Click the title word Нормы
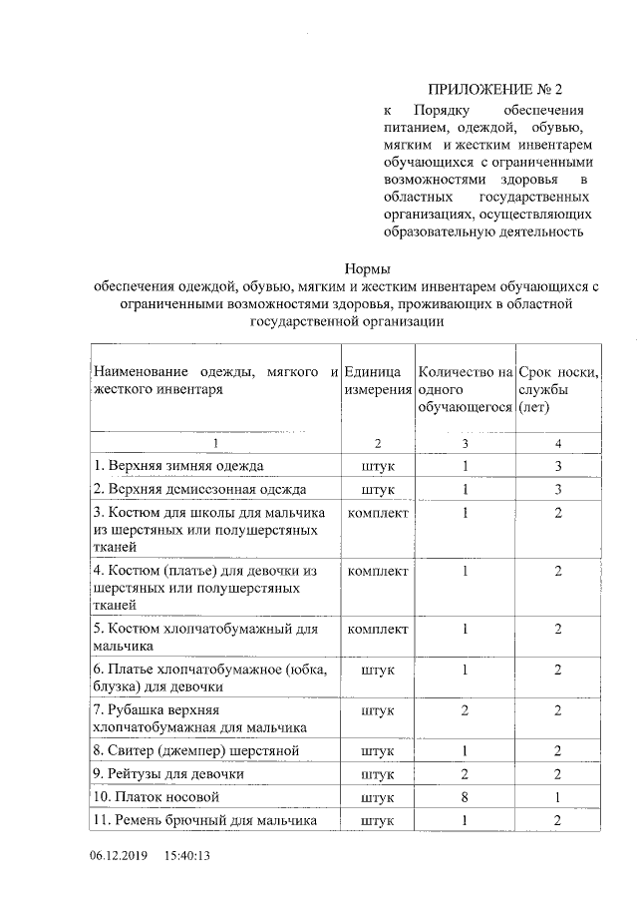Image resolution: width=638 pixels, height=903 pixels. [x=367, y=268]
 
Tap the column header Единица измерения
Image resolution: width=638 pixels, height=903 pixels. [x=378, y=381]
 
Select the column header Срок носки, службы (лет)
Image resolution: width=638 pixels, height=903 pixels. [x=558, y=390]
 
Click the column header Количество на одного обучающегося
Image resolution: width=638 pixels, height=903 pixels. [x=465, y=390]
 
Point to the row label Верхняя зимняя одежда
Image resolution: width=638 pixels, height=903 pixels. [x=178, y=466]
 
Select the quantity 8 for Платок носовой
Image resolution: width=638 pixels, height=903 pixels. [x=465, y=797]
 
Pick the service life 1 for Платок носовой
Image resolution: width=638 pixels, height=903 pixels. [x=558, y=797]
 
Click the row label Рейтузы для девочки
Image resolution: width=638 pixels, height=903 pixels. [x=168, y=773]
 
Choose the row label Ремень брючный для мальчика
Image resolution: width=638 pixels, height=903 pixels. [x=205, y=820]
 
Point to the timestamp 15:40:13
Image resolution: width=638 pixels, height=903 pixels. [x=189, y=856]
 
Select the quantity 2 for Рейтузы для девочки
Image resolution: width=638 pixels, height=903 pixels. [x=465, y=773]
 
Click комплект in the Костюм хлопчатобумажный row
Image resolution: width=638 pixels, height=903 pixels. [x=378, y=629]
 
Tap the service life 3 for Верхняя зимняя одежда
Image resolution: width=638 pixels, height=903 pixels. [x=558, y=466]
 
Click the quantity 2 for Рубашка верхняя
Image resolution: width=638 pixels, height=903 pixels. [x=465, y=709]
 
